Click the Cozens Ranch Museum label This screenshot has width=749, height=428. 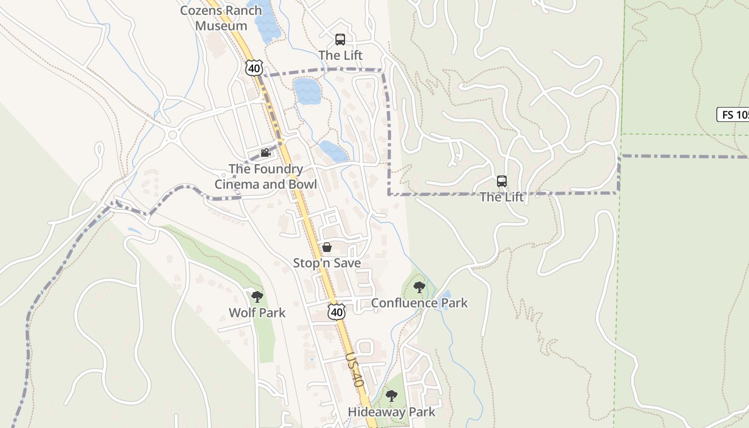[221, 18]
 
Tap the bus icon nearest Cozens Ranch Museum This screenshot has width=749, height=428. [340, 39]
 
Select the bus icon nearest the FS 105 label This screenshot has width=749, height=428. [501, 181]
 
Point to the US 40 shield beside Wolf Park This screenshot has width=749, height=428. [337, 311]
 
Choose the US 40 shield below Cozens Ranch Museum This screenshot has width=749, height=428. [254, 67]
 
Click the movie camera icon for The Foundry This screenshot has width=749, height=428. [265, 153]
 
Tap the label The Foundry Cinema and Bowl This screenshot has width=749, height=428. [266, 177]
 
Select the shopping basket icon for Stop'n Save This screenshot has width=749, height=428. [326, 247]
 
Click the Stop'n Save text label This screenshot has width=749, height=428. [326, 263]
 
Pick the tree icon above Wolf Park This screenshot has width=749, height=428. [257, 296]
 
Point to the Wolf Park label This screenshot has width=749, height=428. [257, 312]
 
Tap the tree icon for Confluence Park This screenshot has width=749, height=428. [419, 287]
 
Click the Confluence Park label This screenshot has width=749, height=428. [419, 303]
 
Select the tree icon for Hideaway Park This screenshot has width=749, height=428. [392, 396]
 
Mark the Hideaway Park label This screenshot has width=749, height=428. [392, 412]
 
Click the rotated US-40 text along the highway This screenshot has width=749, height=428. [354, 370]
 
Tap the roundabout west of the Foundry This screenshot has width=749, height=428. [172, 135]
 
